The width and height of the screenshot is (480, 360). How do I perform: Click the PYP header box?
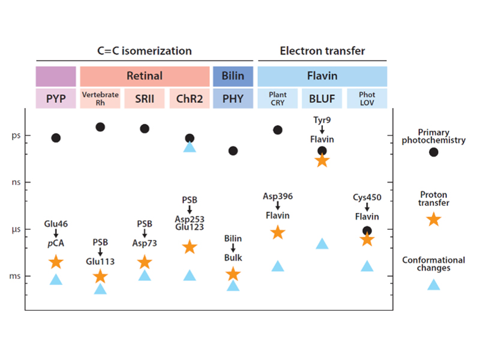[x=56, y=98]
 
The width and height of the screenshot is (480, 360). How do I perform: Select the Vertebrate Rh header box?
[x=100, y=98]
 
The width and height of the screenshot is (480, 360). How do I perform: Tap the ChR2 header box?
[x=189, y=98]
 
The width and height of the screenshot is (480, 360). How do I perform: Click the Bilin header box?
[x=233, y=76]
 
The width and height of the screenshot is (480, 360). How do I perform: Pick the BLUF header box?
[x=322, y=98]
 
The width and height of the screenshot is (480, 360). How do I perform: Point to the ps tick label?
[x=16, y=136]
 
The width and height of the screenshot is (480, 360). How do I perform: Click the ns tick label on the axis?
[x=16, y=181]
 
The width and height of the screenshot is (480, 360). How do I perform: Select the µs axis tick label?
[x=16, y=229]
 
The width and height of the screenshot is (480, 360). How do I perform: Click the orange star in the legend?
[x=433, y=219]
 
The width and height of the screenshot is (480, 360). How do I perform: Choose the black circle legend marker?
[x=433, y=152]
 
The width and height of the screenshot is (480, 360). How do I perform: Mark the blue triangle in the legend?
[x=433, y=284]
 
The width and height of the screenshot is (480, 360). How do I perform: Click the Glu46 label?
[x=55, y=224]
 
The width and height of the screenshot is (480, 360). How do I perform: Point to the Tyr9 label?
[x=322, y=119]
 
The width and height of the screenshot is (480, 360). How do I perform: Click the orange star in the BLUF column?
[x=322, y=160]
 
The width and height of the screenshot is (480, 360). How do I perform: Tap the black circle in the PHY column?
[x=233, y=151]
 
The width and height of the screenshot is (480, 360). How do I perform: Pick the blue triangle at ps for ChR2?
[x=190, y=148]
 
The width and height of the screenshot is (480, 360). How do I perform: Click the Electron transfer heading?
[x=322, y=50]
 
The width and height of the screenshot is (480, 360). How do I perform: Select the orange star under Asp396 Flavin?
[x=278, y=233]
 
